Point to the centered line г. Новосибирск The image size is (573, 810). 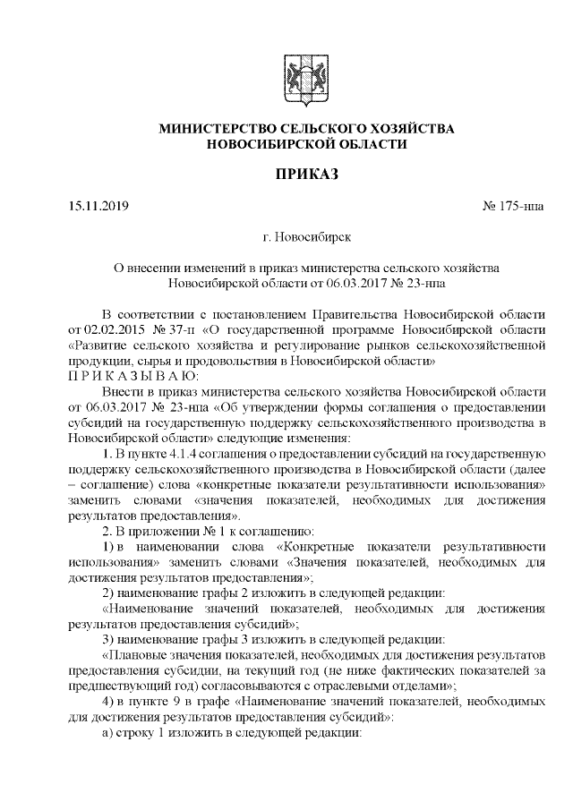click(306, 238)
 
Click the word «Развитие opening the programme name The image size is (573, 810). click(98, 345)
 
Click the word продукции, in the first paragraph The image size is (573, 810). click(98, 360)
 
